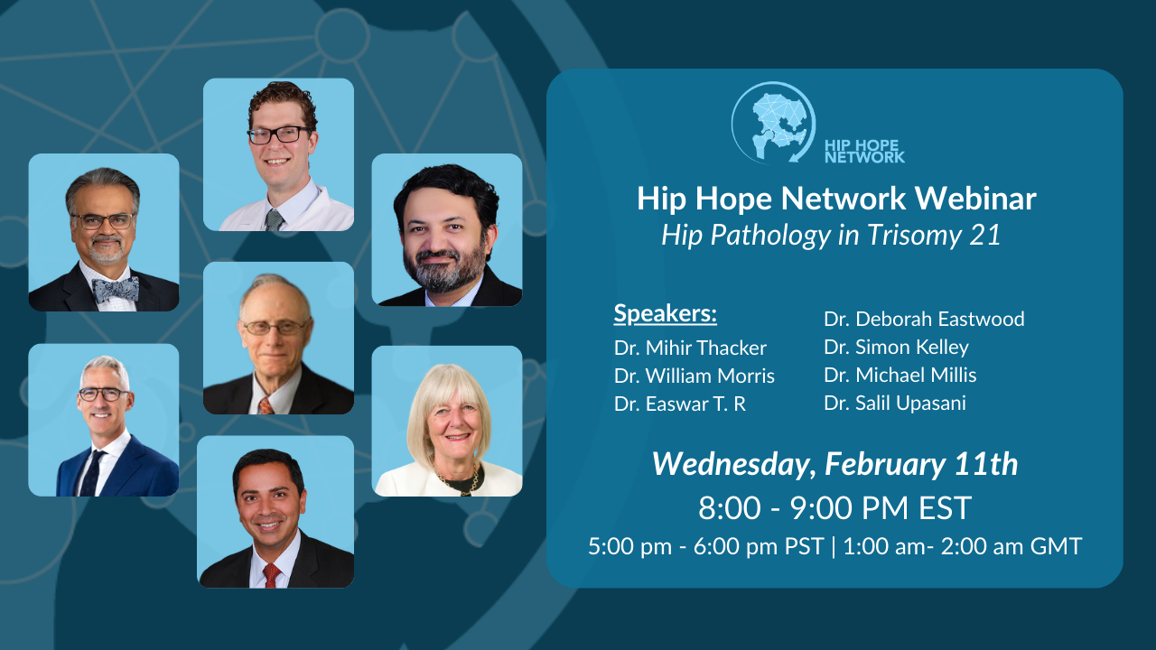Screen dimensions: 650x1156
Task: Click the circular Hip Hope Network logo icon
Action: click(x=772, y=123)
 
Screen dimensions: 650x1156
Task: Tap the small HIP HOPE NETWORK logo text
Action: click(x=864, y=150)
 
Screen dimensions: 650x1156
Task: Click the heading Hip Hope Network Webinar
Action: click(x=835, y=199)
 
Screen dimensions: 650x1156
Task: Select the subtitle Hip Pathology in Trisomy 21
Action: click(x=831, y=235)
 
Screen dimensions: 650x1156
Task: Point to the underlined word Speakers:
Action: click(x=666, y=313)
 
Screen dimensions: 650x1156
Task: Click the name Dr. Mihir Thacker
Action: click(x=690, y=348)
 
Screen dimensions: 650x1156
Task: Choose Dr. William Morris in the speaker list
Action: click(x=695, y=376)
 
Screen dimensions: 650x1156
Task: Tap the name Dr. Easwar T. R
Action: click(x=680, y=404)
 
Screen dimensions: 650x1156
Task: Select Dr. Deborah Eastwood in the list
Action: click(x=924, y=319)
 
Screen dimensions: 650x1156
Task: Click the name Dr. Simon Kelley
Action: click(x=896, y=347)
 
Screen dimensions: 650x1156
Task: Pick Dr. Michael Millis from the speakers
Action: click(x=900, y=375)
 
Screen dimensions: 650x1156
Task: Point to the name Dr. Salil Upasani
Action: click(x=895, y=403)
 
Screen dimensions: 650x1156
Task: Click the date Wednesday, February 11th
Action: click(x=834, y=464)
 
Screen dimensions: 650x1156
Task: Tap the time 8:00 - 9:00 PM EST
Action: click(x=834, y=508)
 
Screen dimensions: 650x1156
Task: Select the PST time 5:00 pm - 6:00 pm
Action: click(x=705, y=546)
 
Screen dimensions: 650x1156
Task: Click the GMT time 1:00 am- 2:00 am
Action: click(x=962, y=546)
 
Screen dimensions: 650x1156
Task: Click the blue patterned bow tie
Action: click(x=116, y=289)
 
